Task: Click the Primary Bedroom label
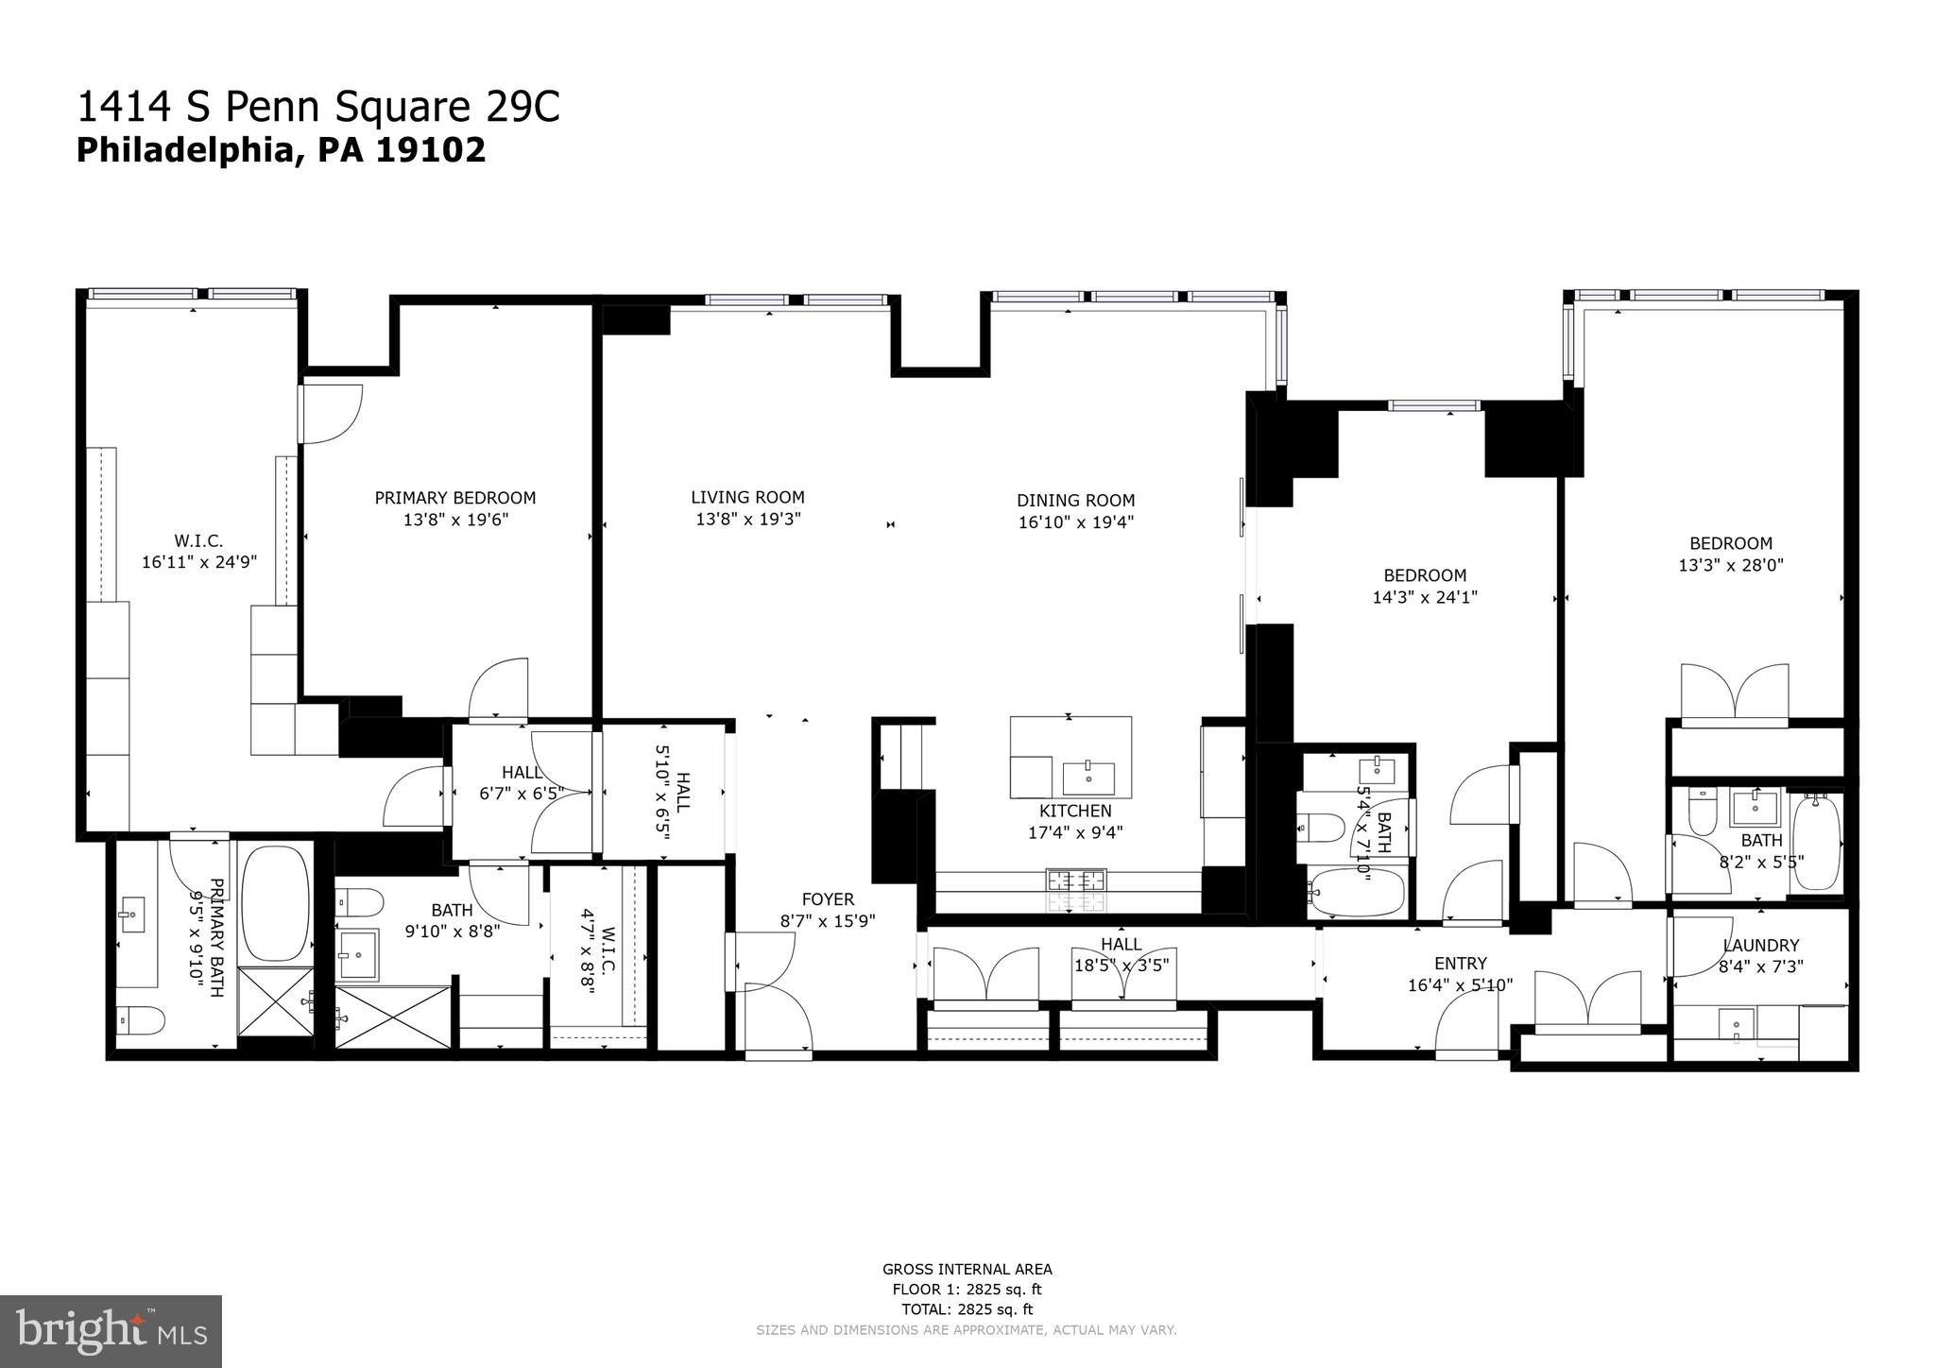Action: [454, 498]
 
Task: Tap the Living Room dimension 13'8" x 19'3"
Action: [747, 519]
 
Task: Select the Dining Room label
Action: [1075, 501]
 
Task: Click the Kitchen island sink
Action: [1088, 779]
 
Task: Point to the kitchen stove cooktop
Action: [1076, 890]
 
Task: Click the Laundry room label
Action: [1760, 945]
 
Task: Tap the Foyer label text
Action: [828, 899]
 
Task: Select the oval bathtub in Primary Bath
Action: [276, 902]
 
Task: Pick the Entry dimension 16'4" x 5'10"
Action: [1460, 984]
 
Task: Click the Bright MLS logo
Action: [111, 1331]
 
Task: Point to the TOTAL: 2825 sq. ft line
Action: [967, 1309]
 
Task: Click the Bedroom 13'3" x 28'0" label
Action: [1730, 543]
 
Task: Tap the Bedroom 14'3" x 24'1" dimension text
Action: [1424, 597]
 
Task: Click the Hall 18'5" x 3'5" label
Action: [1121, 944]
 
